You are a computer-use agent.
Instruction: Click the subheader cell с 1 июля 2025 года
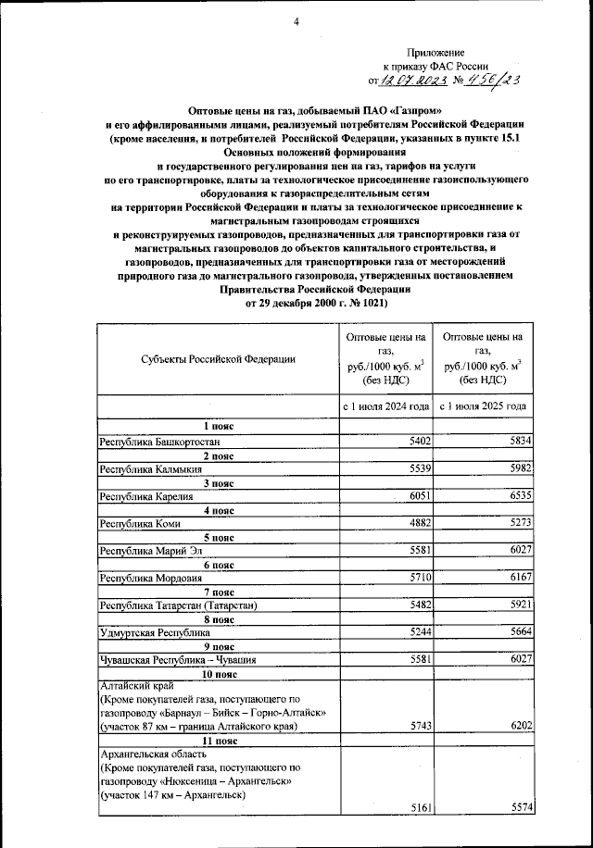(484, 406)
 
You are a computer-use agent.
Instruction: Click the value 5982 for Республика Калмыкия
(518, 469)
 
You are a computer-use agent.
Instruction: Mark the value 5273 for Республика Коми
(518, 523)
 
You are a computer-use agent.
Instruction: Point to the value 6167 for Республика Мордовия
(518, 577)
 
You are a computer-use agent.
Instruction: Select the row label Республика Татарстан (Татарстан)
(176, 605)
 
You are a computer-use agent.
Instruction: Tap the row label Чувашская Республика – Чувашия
(177, 660)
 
